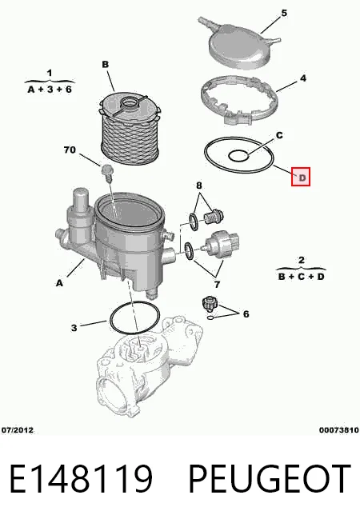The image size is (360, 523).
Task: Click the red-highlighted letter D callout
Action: [301, 177]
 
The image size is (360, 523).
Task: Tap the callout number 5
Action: [284, 14]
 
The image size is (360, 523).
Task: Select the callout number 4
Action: [302, 78]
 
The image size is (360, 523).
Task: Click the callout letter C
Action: [279, 135]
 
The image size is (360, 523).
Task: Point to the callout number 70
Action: [70, 150]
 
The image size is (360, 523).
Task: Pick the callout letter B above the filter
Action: [106, 64]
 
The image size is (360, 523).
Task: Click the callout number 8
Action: [199, 186]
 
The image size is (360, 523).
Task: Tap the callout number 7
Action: [218, 285]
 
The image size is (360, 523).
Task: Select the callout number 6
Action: [246, 313]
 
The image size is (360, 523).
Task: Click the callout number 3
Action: [74, 328]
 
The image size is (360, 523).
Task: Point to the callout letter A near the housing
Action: [59, 283]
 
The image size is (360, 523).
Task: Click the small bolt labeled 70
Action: [106, 173]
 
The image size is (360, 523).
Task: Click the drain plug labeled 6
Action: [209, 304]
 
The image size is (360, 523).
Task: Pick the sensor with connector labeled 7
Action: [222, 246]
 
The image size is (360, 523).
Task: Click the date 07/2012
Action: [18, 430]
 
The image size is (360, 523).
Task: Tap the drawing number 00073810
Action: [339, 430]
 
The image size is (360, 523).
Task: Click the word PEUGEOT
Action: [270, 478]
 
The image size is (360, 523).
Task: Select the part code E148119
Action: [81, 478]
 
